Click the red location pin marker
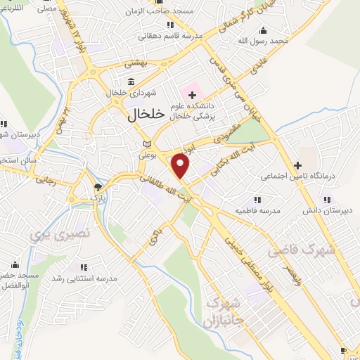pos(181,165)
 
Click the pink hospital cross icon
pos(192,94)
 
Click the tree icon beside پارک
pos(97,187)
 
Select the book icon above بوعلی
pos(146,143)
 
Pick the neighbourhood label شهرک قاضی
pos(303,250)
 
